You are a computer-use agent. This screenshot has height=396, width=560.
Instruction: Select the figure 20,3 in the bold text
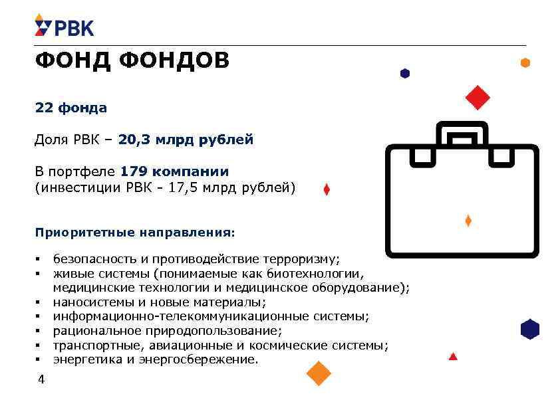click(134, 140)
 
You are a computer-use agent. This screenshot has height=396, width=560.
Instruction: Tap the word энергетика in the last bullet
click(85, 360)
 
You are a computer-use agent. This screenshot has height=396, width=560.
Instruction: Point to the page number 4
click(41, 380)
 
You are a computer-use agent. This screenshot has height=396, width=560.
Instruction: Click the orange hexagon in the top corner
click(525, 63)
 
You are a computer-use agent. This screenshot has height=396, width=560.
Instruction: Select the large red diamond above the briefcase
click(478, 98)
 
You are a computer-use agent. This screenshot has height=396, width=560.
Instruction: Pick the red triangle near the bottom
click(453, 357)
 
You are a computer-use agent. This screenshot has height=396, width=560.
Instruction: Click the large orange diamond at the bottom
click(319, 373)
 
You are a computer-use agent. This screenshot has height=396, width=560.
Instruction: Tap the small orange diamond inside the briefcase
click(468, 221)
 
